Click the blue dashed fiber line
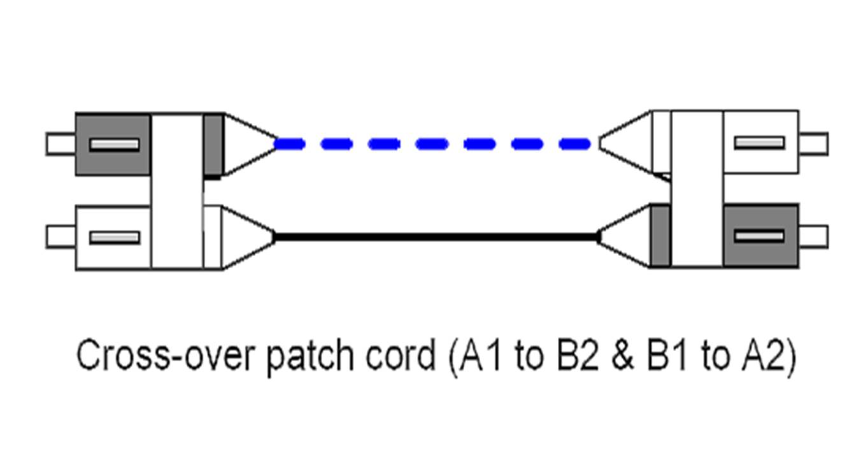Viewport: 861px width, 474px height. click(x=433, y=145)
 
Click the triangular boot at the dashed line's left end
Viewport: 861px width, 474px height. click(x=245, y=144)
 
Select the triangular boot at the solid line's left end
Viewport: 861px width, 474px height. click(x=245, y=237)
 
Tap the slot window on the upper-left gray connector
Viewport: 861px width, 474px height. click(x=114, y=145)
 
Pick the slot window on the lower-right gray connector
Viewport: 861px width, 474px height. click(x=759, y=236)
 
